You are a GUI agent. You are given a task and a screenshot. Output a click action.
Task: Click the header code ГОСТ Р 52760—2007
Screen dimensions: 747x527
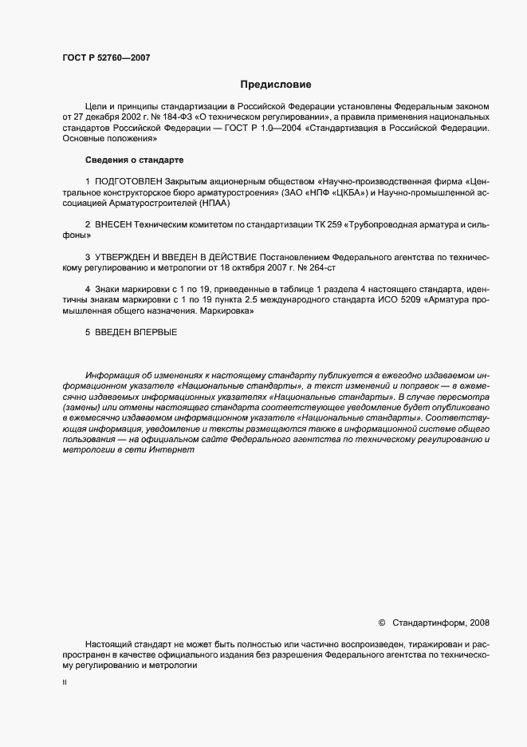pyautogui.click(x=106, y=58)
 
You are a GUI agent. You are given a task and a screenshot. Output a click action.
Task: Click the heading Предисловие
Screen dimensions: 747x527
pyautogui.click(x=277, y=85)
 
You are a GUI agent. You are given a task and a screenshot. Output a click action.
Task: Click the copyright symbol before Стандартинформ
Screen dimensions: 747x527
pyautogui.click(x=381, y=622)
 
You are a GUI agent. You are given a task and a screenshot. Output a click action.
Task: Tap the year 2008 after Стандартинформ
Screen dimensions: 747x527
pyautogui.click(x=480, y=622)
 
